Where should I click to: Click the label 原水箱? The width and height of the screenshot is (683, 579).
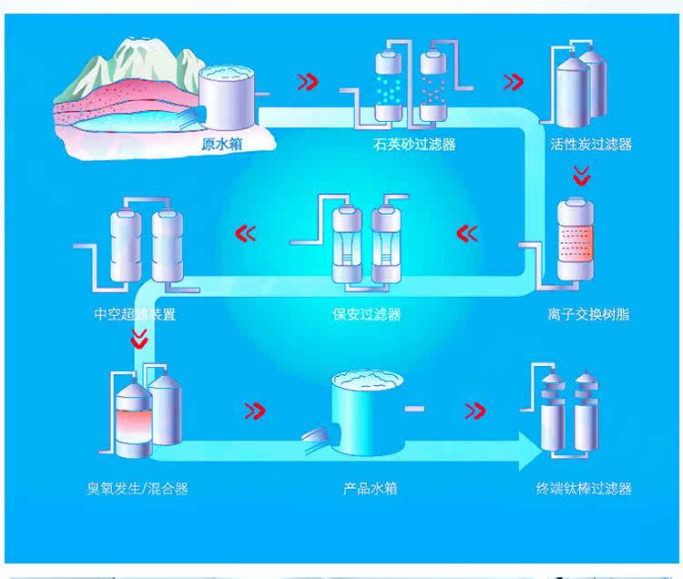coord(221,143)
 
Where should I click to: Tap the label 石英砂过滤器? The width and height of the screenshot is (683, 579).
coord(414,144)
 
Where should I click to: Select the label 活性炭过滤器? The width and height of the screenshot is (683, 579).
coord(591,144)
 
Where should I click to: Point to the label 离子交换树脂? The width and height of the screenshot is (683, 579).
coord(588,315)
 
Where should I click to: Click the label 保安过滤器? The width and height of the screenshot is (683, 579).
coord(366,315)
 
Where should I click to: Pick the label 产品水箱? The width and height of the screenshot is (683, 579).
coord(370,489)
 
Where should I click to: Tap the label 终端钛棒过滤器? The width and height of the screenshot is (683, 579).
coord(584,489)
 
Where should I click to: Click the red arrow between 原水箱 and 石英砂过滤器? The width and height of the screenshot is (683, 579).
coord(308,82)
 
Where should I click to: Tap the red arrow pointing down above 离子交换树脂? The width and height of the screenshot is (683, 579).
coord(580,176)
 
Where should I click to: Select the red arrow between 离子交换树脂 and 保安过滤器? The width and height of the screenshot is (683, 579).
coord(467,234)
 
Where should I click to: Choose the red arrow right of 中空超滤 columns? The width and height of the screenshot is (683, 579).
coord(246,234)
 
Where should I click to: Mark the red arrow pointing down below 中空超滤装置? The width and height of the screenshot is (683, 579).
coord(138,339)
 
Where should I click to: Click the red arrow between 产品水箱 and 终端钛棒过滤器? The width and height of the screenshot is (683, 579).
coord(475,411)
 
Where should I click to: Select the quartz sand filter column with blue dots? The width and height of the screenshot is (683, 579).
coord(389,87)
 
